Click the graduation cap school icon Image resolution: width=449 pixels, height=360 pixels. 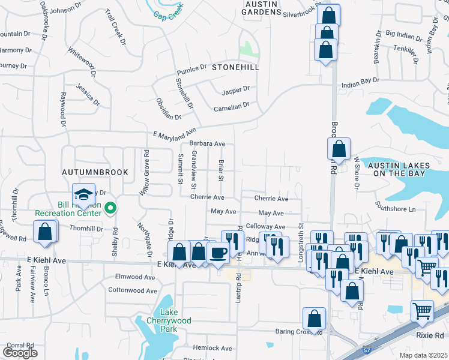click(83, 193)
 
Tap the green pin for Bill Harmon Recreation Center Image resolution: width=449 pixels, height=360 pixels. click(110, 209)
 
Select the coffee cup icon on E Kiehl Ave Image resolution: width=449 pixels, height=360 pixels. click(219, 253)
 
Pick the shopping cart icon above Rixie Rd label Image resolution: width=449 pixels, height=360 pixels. click(422, 311)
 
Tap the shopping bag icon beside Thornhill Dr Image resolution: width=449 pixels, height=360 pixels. click(45, 231)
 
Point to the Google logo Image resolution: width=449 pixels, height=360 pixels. click(20, 353)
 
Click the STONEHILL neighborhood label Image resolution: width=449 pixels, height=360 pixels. click(235, 68)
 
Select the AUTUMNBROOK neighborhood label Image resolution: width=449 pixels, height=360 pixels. click(95, 172)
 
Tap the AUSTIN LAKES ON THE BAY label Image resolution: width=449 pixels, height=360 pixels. click(396, 169)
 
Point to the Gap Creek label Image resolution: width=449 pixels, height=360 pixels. click(167, 14)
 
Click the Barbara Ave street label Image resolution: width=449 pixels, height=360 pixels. click(207, 144)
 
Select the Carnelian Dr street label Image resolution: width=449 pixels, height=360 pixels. click(231, 108)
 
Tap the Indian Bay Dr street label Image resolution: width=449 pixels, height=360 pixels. click(360, 80)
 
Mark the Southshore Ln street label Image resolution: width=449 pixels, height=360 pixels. click(396, 209)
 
